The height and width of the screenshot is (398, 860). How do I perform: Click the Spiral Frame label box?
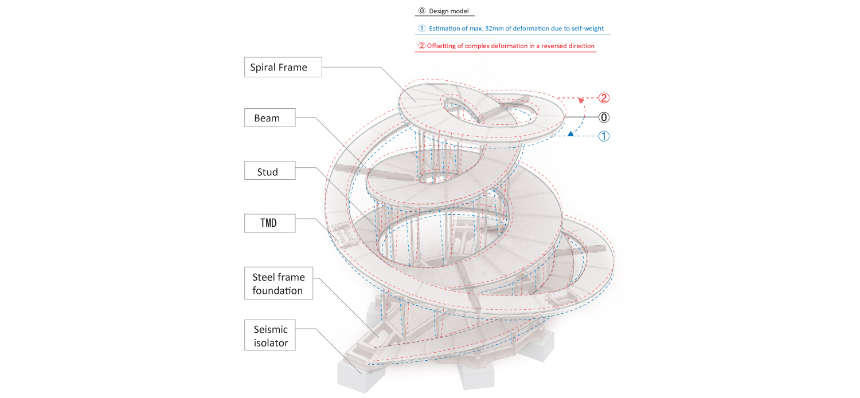[279, 68]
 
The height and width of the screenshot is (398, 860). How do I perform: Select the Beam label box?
[267, 119]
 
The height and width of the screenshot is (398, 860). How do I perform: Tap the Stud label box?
[267, 171]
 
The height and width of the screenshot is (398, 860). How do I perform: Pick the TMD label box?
[267, 223]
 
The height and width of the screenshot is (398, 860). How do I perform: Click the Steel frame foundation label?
[278, 283]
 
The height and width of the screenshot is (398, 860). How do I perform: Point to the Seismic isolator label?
[271, 336]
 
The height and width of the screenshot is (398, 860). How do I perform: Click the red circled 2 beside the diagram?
[603, 98]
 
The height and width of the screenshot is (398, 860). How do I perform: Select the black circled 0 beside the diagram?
[603, 117]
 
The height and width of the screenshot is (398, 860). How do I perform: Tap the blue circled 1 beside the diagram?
[603, 137]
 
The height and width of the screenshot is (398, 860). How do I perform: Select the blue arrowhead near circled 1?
[570, 135]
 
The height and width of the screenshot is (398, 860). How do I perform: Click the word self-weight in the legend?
[588, 29]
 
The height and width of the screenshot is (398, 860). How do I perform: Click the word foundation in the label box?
[278, 290]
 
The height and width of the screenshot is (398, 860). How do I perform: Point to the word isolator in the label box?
[271, 344]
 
